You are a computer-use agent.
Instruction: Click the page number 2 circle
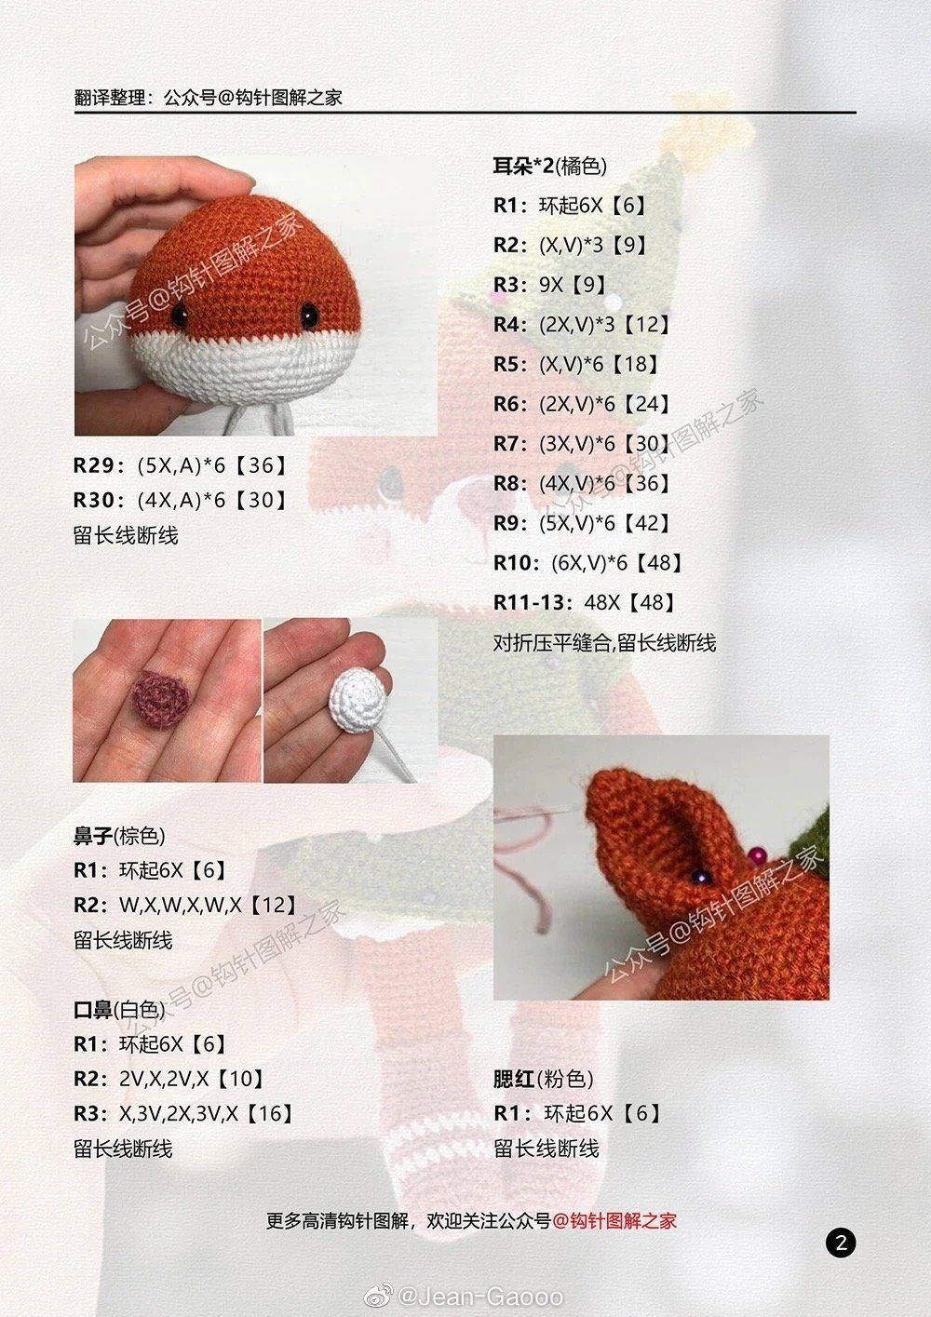(x=840, y=1243)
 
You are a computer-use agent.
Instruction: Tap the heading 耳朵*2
(x=523, y=167)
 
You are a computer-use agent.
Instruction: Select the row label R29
(x=97, y=465)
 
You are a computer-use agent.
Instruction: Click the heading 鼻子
(x=93, y=836)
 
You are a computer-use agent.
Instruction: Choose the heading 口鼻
(x=93, y=1009)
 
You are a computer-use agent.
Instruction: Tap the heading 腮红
(x=514, y=1079)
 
